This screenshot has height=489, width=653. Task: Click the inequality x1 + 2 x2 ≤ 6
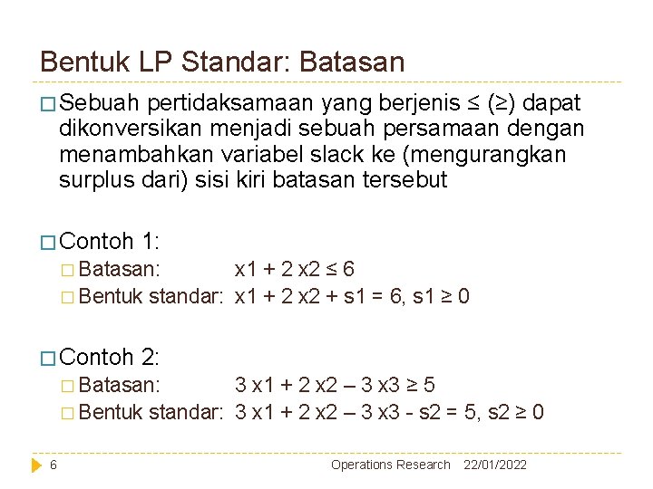point(294,269)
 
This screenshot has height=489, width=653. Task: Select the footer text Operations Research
point(390,465)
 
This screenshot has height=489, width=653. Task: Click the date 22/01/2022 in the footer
point(494,465)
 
